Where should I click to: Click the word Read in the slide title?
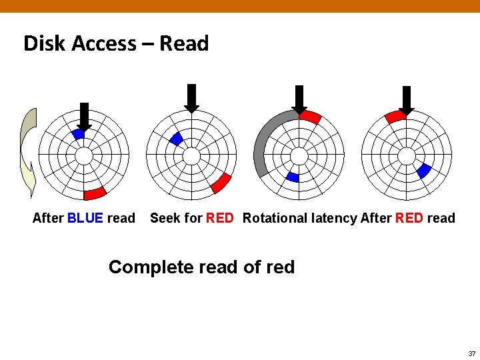click(185, 44)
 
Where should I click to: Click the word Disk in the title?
click(44, 44)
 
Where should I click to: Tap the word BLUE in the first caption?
click(85, 218)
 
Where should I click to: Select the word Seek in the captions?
click(164, 218)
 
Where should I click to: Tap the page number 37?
click(471, 353)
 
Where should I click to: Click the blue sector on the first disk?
click(79, 134)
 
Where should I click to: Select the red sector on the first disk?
click(95, 193)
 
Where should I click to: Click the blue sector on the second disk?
click(177, 139)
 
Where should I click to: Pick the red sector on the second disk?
click(221, 183)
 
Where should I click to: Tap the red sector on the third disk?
click(310, 117)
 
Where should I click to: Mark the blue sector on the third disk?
click(292, 177)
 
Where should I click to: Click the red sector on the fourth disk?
click(395, 117)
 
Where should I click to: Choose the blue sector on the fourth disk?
click(423, 171)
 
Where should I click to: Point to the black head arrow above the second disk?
click(191, 98)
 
